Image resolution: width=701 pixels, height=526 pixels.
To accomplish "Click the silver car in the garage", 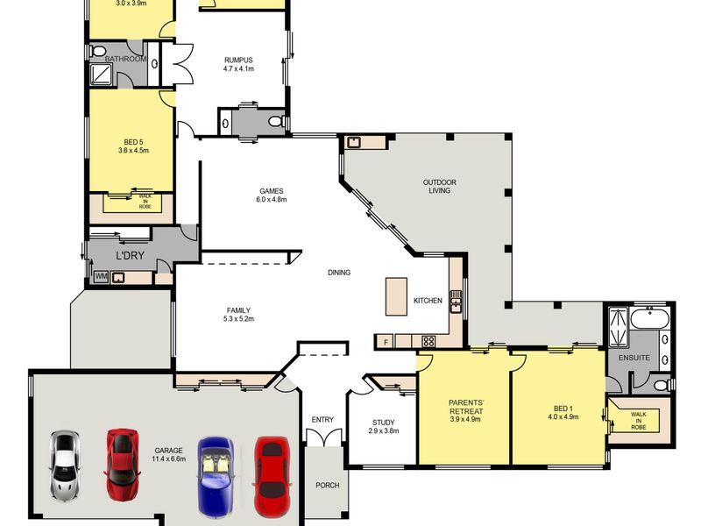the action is (x=65, y=466).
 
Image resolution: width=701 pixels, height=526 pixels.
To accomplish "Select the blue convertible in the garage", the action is (x=216, y=476).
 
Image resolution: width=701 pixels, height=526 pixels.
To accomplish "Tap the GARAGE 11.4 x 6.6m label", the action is (x=168, y=454).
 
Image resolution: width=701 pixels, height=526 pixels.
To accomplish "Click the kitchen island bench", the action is (x=397, y=296).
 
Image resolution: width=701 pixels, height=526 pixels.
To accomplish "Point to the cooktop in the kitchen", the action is (x=428, y=342).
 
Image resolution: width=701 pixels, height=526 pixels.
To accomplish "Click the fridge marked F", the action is (x=385, y=342).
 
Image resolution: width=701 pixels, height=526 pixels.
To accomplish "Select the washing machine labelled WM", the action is (x=102, y=277).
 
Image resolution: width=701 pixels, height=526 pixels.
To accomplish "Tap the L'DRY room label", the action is (x=130, y=256).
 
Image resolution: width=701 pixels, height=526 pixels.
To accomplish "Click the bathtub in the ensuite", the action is (x=649, y=319).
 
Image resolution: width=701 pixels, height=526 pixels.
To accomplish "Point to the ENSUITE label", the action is (x=634, y=358).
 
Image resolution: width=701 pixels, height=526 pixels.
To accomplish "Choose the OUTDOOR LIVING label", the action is (x=440, y=187).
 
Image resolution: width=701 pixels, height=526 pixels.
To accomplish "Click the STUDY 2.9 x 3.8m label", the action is (x=384, y=427).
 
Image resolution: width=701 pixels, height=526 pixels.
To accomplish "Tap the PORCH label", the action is (x=327, y=486).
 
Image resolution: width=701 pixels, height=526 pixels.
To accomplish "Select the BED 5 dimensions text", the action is (x=133, y=151).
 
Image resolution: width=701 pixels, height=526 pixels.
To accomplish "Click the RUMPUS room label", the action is (x=238, y=60).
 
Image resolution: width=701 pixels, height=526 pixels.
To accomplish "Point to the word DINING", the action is (x=339, y=273).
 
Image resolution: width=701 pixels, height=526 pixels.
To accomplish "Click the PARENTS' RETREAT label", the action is (x=466, y=407).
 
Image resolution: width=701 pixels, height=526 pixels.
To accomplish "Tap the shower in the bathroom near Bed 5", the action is (x=102, y=74).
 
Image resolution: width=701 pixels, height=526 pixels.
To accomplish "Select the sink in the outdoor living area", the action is (x=354, y=143).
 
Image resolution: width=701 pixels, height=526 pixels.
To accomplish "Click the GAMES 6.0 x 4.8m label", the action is (x=272, y=195).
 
